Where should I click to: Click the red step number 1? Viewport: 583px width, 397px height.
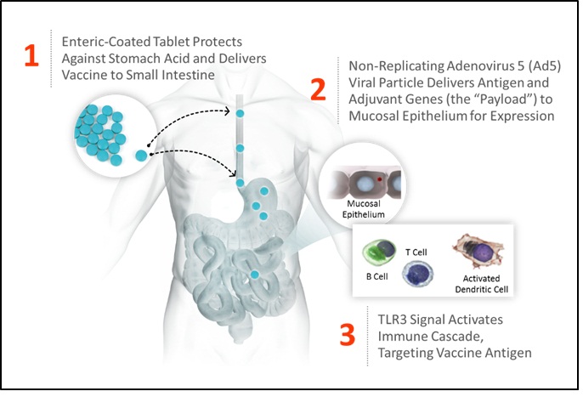click(x=31, y=55)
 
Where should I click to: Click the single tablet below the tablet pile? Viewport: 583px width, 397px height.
click(x=141, y=155)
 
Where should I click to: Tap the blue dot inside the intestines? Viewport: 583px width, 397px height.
click(x=255, y=274)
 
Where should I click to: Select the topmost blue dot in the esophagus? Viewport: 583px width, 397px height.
click(x=240, y=113)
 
